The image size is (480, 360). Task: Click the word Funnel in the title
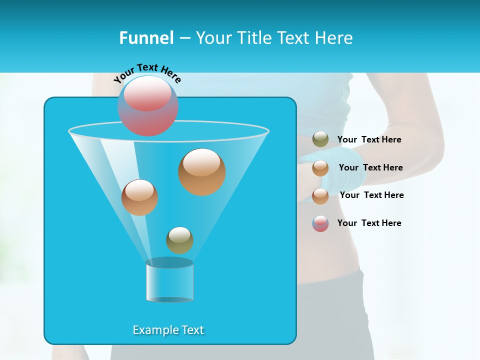(x=146, y=38)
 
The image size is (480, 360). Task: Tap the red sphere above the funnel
(x=148, y=105)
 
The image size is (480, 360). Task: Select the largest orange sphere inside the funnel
(x=201, y=171)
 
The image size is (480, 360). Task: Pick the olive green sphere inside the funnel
(x=179, y=240)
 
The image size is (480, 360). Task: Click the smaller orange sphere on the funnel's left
(x=139, y=197)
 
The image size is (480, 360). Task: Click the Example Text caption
(x=168, y=330)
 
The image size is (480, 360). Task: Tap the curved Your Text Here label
(x=147, y=73)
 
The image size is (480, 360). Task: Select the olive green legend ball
(x=320, y=139)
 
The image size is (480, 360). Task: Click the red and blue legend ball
(x=320, y=223)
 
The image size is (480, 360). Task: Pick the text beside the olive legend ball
(x=369, y=139)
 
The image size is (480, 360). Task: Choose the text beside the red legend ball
(x=369, y=223)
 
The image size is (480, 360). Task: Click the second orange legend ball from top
(x=320, y=168)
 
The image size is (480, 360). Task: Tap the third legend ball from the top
(x=320, y=196)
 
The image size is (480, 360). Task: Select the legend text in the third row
(x=371, y=195)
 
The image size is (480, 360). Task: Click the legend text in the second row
(x=370, y=167)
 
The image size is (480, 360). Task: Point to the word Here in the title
(x=334, y=38)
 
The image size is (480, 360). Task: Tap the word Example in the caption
(x=152, y=330)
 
